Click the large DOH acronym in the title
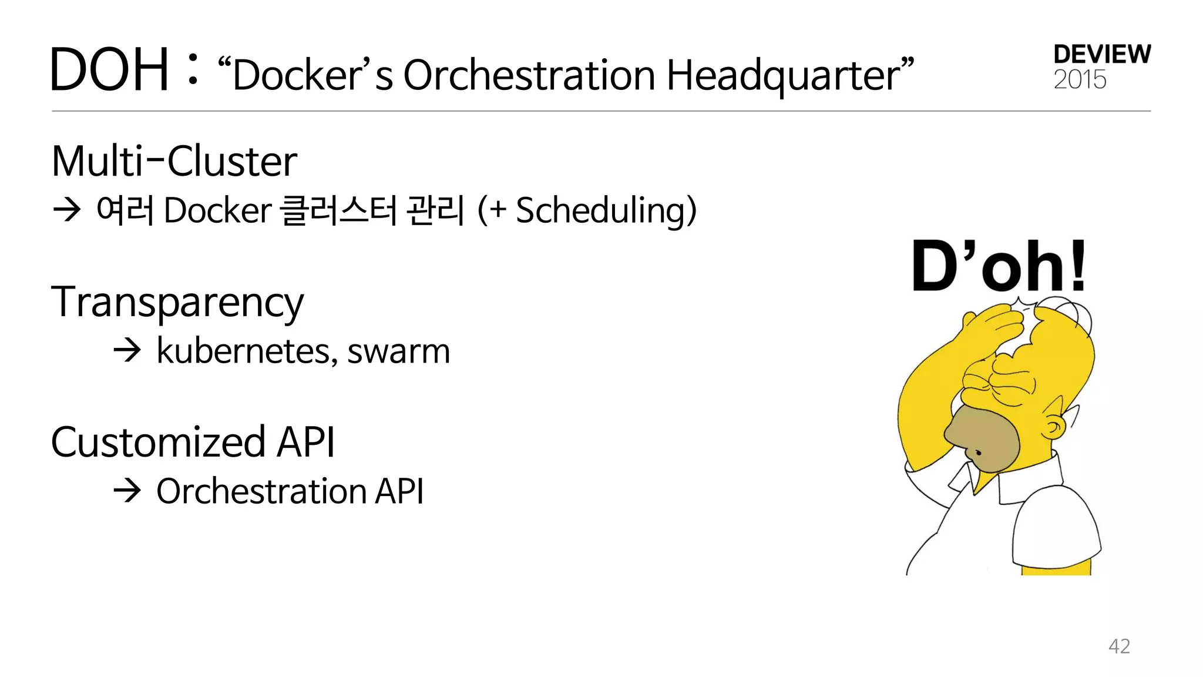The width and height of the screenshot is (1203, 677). (x=110, y=71)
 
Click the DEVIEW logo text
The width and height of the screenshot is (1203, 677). (x=1102, y=55)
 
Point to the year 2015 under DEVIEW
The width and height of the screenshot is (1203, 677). (x=1080, y=80)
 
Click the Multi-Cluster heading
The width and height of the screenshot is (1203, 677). (x=174, y=161)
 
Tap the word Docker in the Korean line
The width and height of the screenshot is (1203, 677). (x=217, y=210)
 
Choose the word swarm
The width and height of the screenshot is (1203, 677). (x=398, y=351)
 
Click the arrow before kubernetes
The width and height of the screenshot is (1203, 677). (x=127, y=351)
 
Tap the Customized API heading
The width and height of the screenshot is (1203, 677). (x=193, y=442)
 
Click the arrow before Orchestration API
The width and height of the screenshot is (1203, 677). (x=127, y=491)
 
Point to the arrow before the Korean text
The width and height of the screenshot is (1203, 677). (x=66, y=210)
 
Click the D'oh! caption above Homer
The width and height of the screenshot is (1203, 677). (x=999, y=267)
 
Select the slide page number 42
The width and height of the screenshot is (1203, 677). (x=1119, y=646)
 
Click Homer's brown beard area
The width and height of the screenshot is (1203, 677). (x=984, y=438)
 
